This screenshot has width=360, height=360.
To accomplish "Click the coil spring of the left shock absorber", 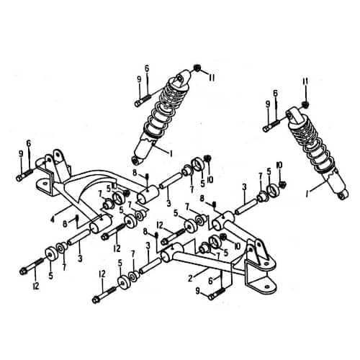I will coord(164,108).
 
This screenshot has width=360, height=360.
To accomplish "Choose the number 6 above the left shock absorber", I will coord(146,68).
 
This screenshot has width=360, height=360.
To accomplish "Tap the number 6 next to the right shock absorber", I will coord(274,93).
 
